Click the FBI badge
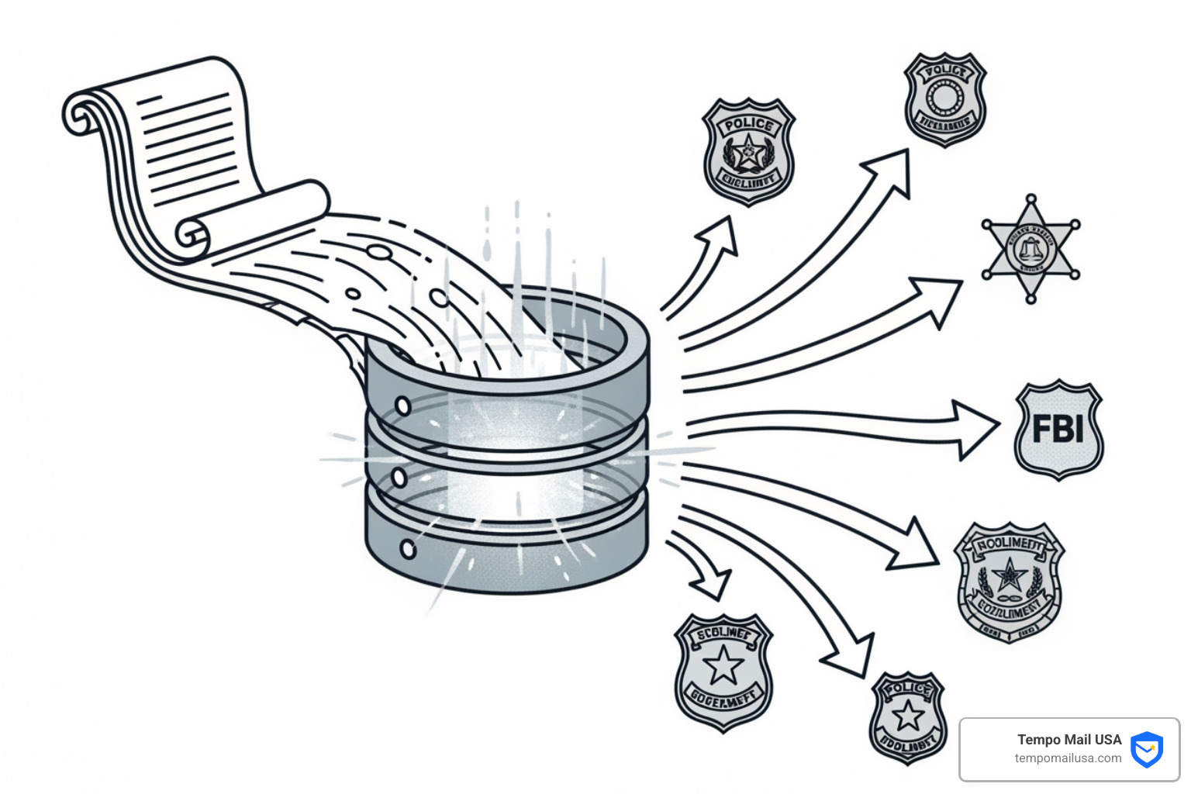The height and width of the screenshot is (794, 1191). (1058, 429)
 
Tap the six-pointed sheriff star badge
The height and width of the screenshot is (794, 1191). (1030, 249)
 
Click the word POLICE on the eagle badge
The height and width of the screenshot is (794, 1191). (748, 125)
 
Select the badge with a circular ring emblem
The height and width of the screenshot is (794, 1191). (944, 98)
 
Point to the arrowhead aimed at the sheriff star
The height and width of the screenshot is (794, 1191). (940, 299)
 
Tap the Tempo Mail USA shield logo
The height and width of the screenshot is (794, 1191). (1146, 749)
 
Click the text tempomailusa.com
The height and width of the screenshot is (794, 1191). (1068, 758)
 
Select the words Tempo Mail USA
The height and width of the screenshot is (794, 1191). (1069, 740)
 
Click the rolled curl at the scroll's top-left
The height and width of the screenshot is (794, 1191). (80, 115)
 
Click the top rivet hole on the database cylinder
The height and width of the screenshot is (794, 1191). (402, 406)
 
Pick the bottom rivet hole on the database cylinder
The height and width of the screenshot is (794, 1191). (407, 550)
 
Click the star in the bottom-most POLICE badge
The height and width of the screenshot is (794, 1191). (908, 717)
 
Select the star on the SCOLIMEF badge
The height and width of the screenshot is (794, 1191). (723, 665)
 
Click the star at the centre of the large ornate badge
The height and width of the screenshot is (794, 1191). (1009, 575)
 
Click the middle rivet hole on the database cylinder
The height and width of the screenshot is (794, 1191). (399, 476)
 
